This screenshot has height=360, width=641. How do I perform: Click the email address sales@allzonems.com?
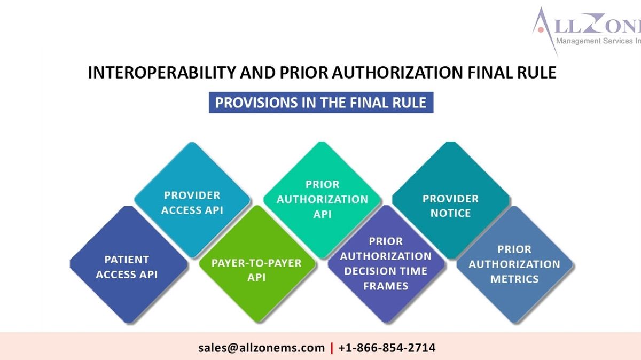coord(261,348)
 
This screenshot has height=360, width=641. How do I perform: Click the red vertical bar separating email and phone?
coord(332,348)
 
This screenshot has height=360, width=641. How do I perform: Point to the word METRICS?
coord(514,279)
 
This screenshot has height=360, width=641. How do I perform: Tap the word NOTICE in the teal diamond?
coord(450,213)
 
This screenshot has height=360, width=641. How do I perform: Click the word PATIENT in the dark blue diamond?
coord(127,260)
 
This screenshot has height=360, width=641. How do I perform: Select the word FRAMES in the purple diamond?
coord(386,286)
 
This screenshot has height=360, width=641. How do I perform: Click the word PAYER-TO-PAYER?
coord(256,263)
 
